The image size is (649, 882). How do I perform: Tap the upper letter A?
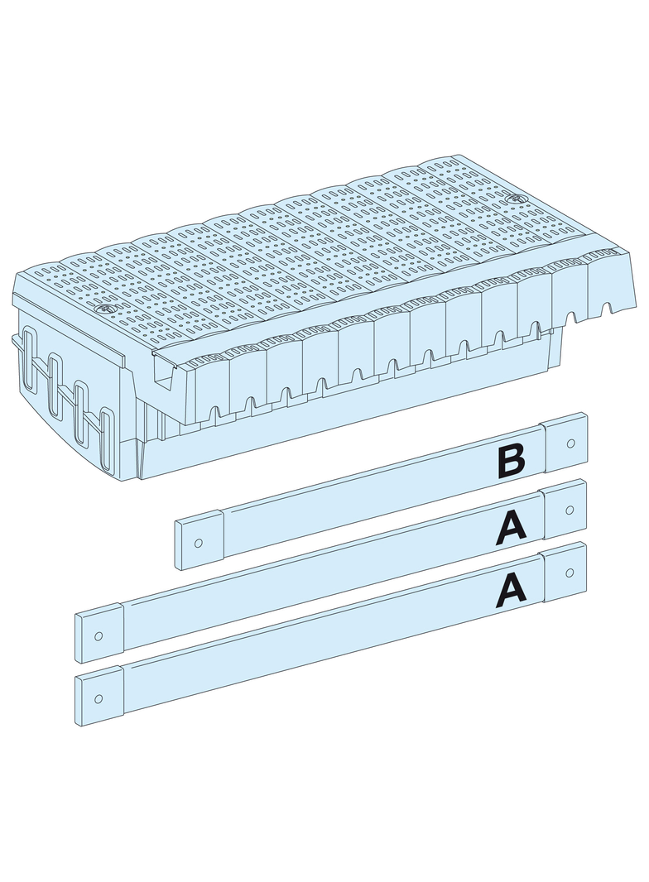coord(511,529)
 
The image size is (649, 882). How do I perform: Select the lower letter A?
coord(511,592)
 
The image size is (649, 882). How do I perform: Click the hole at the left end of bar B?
coord(198,543)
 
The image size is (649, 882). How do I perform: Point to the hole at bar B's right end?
coord(570,443)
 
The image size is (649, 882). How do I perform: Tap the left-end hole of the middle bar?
coord(99,635)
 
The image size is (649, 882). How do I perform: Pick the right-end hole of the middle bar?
coord(569,510)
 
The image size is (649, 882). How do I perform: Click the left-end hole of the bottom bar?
coord(99,698)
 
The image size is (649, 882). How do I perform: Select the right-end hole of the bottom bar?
coord(569,573)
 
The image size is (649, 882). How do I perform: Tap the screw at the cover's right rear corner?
coord(512,199)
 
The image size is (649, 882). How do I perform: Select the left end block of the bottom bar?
coord(99,697)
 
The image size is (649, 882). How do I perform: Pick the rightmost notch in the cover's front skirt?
coord(607,309)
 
